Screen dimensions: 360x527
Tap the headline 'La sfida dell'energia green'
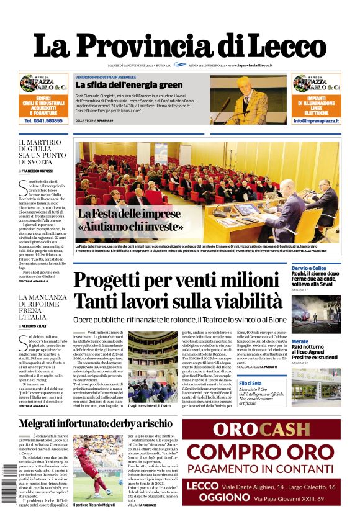pos(129,85)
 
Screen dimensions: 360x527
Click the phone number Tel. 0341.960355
pos(43,121)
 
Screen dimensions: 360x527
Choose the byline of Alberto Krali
pos(37,325)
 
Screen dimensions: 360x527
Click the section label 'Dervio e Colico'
pos(310,268)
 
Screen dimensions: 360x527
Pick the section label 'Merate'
pos(300,341)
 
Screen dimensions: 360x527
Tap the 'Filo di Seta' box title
pos(303,384)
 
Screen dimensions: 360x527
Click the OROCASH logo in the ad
pos(261,430)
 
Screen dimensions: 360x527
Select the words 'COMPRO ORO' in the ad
pos(261,452)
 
